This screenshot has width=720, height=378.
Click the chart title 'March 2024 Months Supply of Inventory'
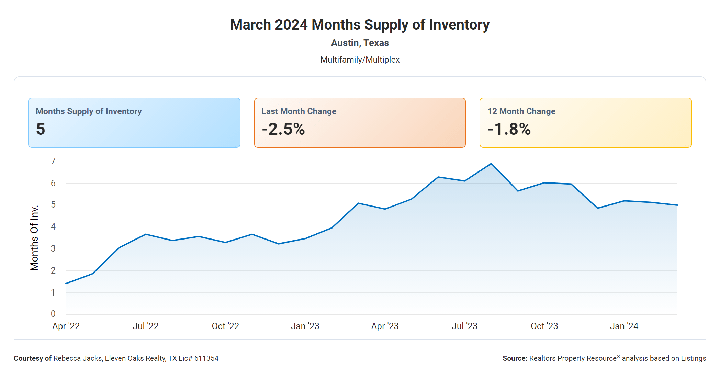coord(360,25)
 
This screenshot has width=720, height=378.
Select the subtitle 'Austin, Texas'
coord(360,43)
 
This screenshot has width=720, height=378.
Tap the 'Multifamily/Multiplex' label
coord(360,60)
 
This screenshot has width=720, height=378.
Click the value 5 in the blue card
coord(41,129)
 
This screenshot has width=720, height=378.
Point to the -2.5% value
coord(283,129)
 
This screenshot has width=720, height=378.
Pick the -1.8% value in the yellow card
coord(509,129)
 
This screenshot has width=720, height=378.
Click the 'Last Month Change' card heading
coord(299,111)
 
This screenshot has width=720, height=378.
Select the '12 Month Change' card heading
coord(521,111)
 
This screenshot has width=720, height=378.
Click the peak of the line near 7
coord(491,164)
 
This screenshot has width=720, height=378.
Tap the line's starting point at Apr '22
coord(66,283)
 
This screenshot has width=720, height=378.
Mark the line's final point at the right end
coord(677,205)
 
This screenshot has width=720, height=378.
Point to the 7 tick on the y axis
coord(53,161)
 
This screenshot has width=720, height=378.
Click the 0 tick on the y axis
coord(53,314)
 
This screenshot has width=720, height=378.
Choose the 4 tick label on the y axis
coord(53,226)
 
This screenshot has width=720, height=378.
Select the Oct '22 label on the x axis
coord(225,326)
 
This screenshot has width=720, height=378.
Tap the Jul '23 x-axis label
coord(464,326)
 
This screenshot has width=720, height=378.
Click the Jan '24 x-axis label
coord(624,326)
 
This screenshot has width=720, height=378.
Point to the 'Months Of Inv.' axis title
coord(34,238)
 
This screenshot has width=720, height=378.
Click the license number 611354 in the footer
coord(206,358)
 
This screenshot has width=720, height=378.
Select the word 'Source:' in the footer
coord(515,358)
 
